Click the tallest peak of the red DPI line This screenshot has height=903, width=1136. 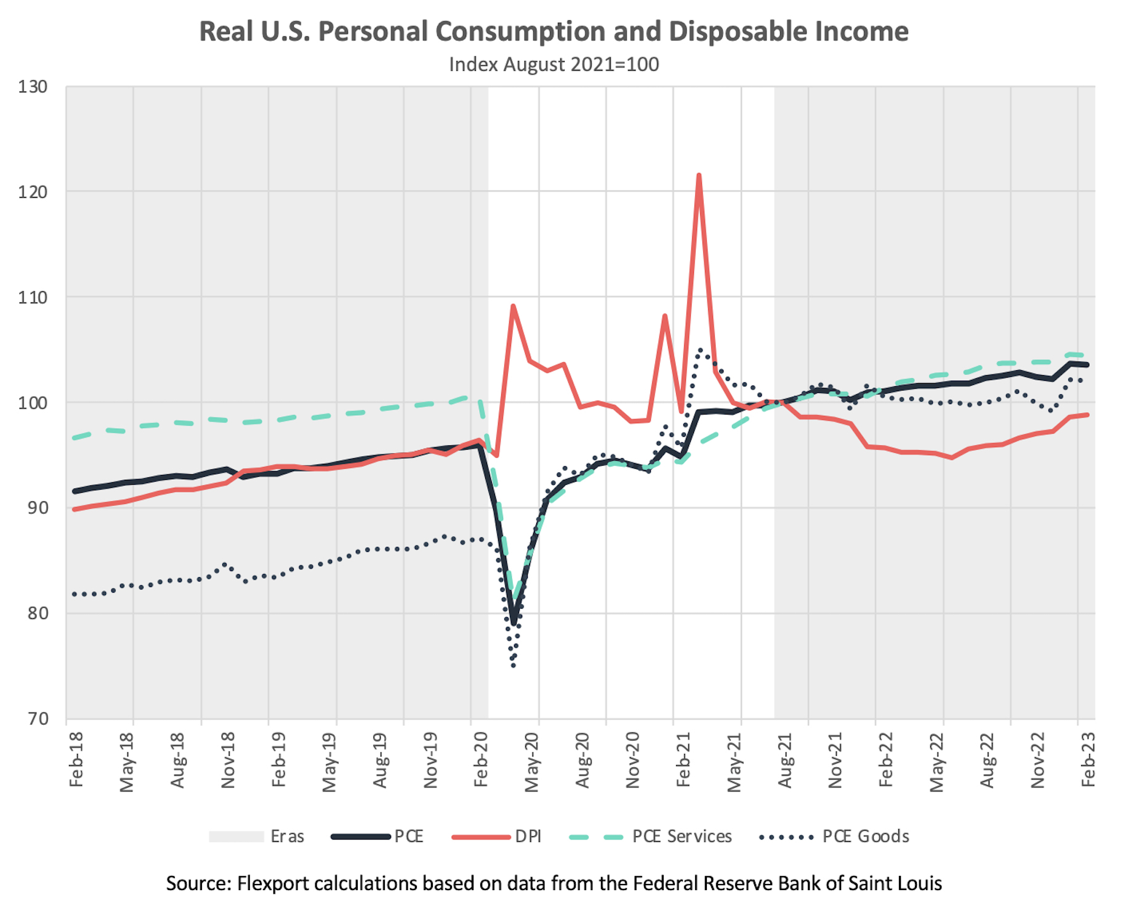(699, 176)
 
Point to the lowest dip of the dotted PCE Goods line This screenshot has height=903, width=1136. (513, 665)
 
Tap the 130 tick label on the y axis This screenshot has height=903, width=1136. (33, 87)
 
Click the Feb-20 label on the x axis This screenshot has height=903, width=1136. (481, 759)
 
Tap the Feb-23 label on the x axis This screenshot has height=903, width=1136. (1089, 759)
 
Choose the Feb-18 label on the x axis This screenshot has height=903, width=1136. (76, 759)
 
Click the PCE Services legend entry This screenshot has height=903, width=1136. (682, 836)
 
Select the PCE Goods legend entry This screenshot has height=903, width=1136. (865, 836)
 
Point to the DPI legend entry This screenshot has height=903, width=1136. (528, 836)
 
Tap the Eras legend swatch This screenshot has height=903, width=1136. (236, 836)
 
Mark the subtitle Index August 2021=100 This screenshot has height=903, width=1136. (554, 65)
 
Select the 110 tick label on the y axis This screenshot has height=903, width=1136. (33, 298)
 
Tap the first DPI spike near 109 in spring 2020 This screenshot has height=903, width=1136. (513, 306)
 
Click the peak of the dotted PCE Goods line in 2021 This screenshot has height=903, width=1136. (700, 350)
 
